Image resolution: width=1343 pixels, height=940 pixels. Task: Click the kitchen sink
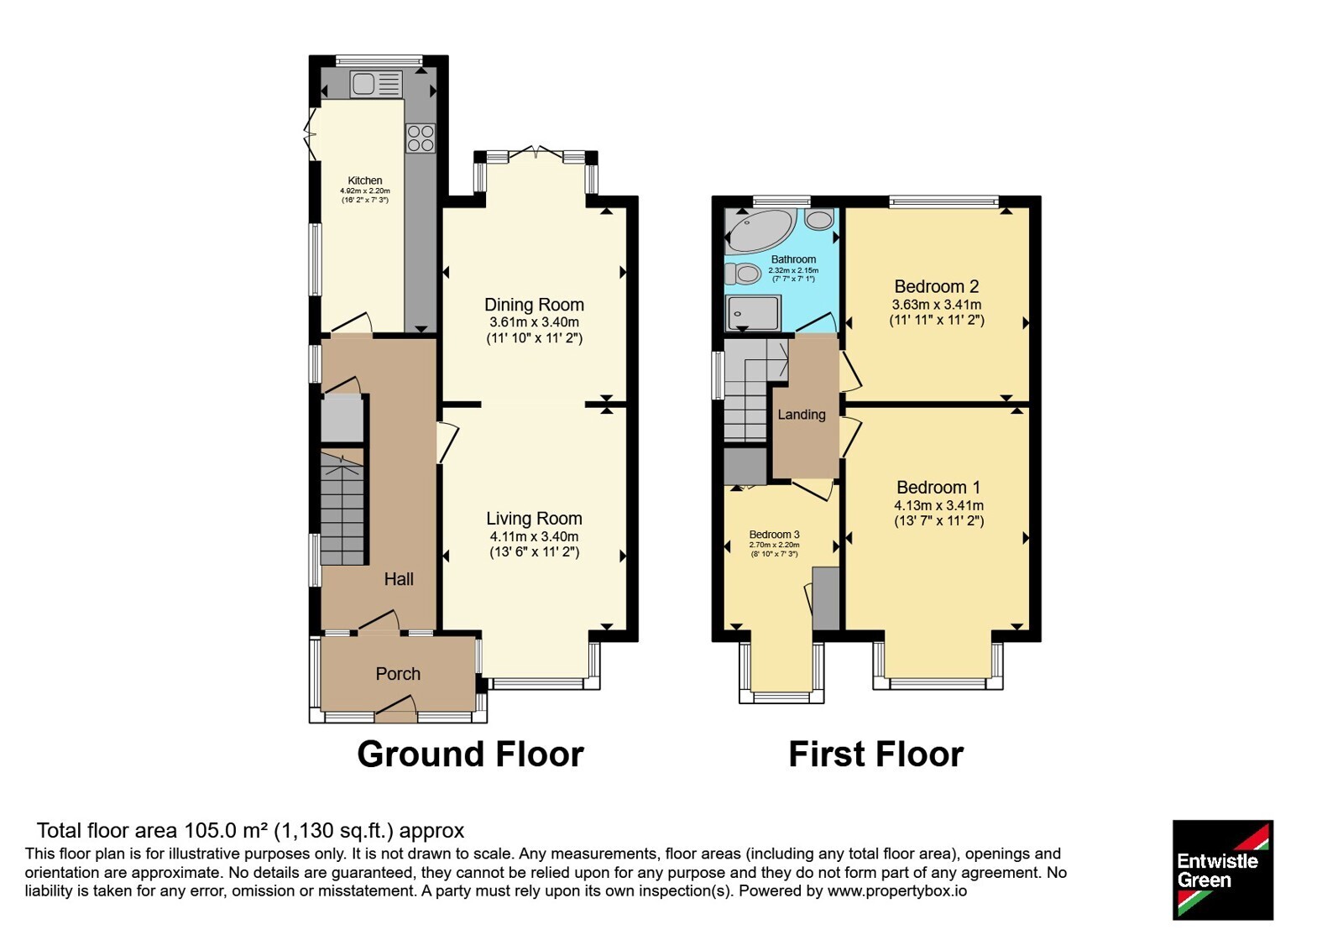[376, 84]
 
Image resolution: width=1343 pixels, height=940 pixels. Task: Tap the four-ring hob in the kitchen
[421, 138]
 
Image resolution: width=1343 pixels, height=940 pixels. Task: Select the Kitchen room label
[365, 180]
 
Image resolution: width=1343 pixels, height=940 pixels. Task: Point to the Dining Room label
[534, 305]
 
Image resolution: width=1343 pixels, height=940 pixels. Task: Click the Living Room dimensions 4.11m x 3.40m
[534, 536]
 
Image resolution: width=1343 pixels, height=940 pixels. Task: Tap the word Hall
[399, 578]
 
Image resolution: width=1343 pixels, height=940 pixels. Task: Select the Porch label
[398, 674]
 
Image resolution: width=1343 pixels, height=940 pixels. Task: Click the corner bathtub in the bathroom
[760, 231]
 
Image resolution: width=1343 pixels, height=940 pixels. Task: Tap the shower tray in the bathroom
[753, 312]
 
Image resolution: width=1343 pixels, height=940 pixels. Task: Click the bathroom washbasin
[819, 219]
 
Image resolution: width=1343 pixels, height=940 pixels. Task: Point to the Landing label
[802, 415]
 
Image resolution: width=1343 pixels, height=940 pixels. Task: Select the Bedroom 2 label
[937, 286]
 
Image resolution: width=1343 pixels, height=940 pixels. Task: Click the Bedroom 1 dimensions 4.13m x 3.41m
[939, 505]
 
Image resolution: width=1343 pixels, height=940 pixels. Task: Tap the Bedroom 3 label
[775, 534]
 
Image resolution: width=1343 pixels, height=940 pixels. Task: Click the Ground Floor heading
[471, 755]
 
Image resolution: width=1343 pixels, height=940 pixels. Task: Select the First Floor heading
[876, 755]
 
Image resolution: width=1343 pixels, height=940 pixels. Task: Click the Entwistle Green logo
[1223, 869]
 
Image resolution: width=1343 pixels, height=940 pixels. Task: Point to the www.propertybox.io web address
[897, 891]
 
